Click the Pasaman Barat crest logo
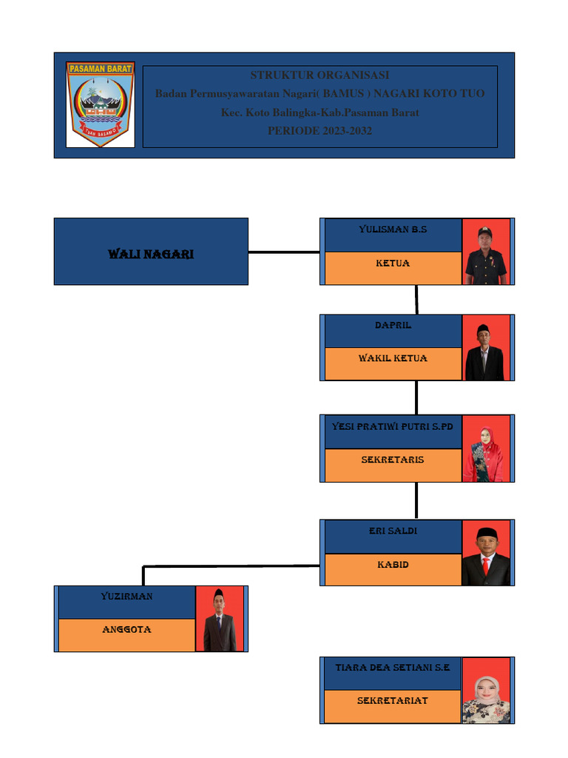point(100,104)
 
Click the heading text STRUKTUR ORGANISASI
point(319,76)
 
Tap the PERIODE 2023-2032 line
point(319,131)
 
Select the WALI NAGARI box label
point(151,254)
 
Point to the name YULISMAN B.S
point(393,229)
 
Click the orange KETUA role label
point(393,263)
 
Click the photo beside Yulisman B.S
point(486,252)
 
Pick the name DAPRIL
point(393,326)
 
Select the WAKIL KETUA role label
point(393,358)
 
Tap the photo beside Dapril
point(485,348)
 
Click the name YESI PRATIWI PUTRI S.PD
point(393,427)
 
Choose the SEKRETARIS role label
point(393,460)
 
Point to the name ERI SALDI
point(393,531)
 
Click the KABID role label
point(393,565)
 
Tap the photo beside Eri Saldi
point(486,553)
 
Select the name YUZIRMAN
point(126,596)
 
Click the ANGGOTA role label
point(126,629)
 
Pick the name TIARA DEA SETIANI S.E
point(393,668)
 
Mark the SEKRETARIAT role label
point(393,700)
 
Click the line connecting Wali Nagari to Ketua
point(284,252)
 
